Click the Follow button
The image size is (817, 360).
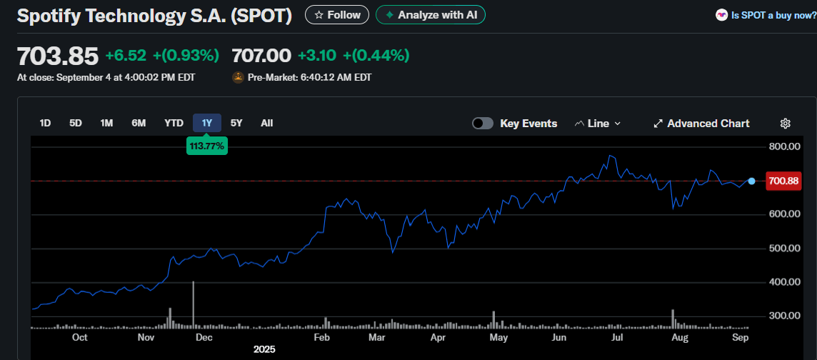click(337, 15)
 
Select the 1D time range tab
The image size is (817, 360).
click(45, 123)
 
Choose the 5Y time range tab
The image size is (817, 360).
click(236, 123)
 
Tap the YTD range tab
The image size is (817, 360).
click(174, 123)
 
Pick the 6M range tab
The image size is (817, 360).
click(139, 123)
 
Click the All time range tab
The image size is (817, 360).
click(266, 123)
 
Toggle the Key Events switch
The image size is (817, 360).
click(483, 124)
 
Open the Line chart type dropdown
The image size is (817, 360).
click(598, 124)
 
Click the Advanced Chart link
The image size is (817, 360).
click(701, 124)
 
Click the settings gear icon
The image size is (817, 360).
click(785, 124)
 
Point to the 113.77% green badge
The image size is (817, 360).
click(206, 146)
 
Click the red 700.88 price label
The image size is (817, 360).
click(783, 181)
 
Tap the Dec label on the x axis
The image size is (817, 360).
click(204, 337)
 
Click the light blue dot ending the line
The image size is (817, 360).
click(751, 181)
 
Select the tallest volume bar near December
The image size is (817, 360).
click(194, 306)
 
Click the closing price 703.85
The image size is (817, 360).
click(57, 56)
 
